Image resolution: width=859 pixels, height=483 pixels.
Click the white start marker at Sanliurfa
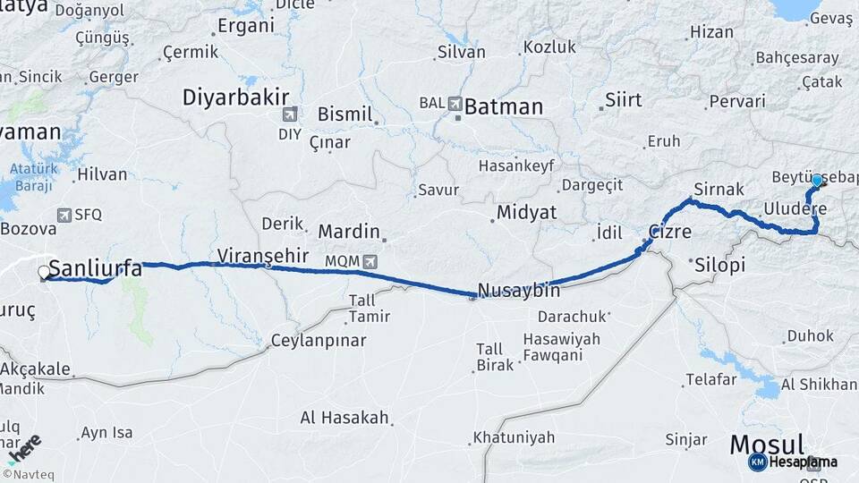(44, 272)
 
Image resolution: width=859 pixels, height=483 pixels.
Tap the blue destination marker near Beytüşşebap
(816, 181)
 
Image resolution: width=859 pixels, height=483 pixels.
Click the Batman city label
(504, 107)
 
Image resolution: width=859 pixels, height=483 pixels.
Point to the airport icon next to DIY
(288, 114)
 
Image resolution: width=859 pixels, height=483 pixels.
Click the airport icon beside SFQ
(64, 215)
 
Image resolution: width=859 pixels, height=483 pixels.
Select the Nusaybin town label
(519, 290)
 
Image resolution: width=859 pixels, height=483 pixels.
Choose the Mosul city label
(768, 444)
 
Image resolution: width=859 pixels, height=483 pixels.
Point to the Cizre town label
(669, 232)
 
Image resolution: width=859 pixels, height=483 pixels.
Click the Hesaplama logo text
(803, 462)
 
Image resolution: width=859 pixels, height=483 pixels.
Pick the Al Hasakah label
(344, 418)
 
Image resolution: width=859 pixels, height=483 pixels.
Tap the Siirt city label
(624, 99)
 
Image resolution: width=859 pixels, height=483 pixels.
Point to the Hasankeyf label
(516, 165)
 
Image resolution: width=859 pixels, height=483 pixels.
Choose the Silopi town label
(719, 266)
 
